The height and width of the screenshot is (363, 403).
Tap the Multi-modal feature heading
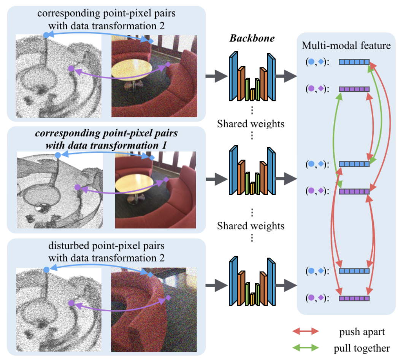pyautogui.click(x=346, y=46)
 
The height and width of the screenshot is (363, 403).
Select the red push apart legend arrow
pyautogui.click(x=305, y=331)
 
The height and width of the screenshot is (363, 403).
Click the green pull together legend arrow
pyautogui.click(x=305, y=348)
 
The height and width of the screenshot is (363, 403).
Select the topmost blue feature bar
pyautogui.click(x=354, y=62)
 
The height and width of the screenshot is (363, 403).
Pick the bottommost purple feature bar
pyautogui.click(x=354, y=298)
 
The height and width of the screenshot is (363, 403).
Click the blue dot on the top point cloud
pyautogui.click(x=46, y=35)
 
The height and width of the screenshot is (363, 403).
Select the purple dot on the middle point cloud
pyautogui.click(x=77, y=187)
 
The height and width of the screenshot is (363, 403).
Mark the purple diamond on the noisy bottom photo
pyautogui.click(x=168, y=298)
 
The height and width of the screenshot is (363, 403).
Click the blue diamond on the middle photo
pyautogui.click(x=152, y=157)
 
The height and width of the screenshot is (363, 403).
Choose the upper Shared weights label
pyautogui.click(x=251, y=124)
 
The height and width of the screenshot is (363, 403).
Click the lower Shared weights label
pyautogui.click(x=251, y=226)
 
